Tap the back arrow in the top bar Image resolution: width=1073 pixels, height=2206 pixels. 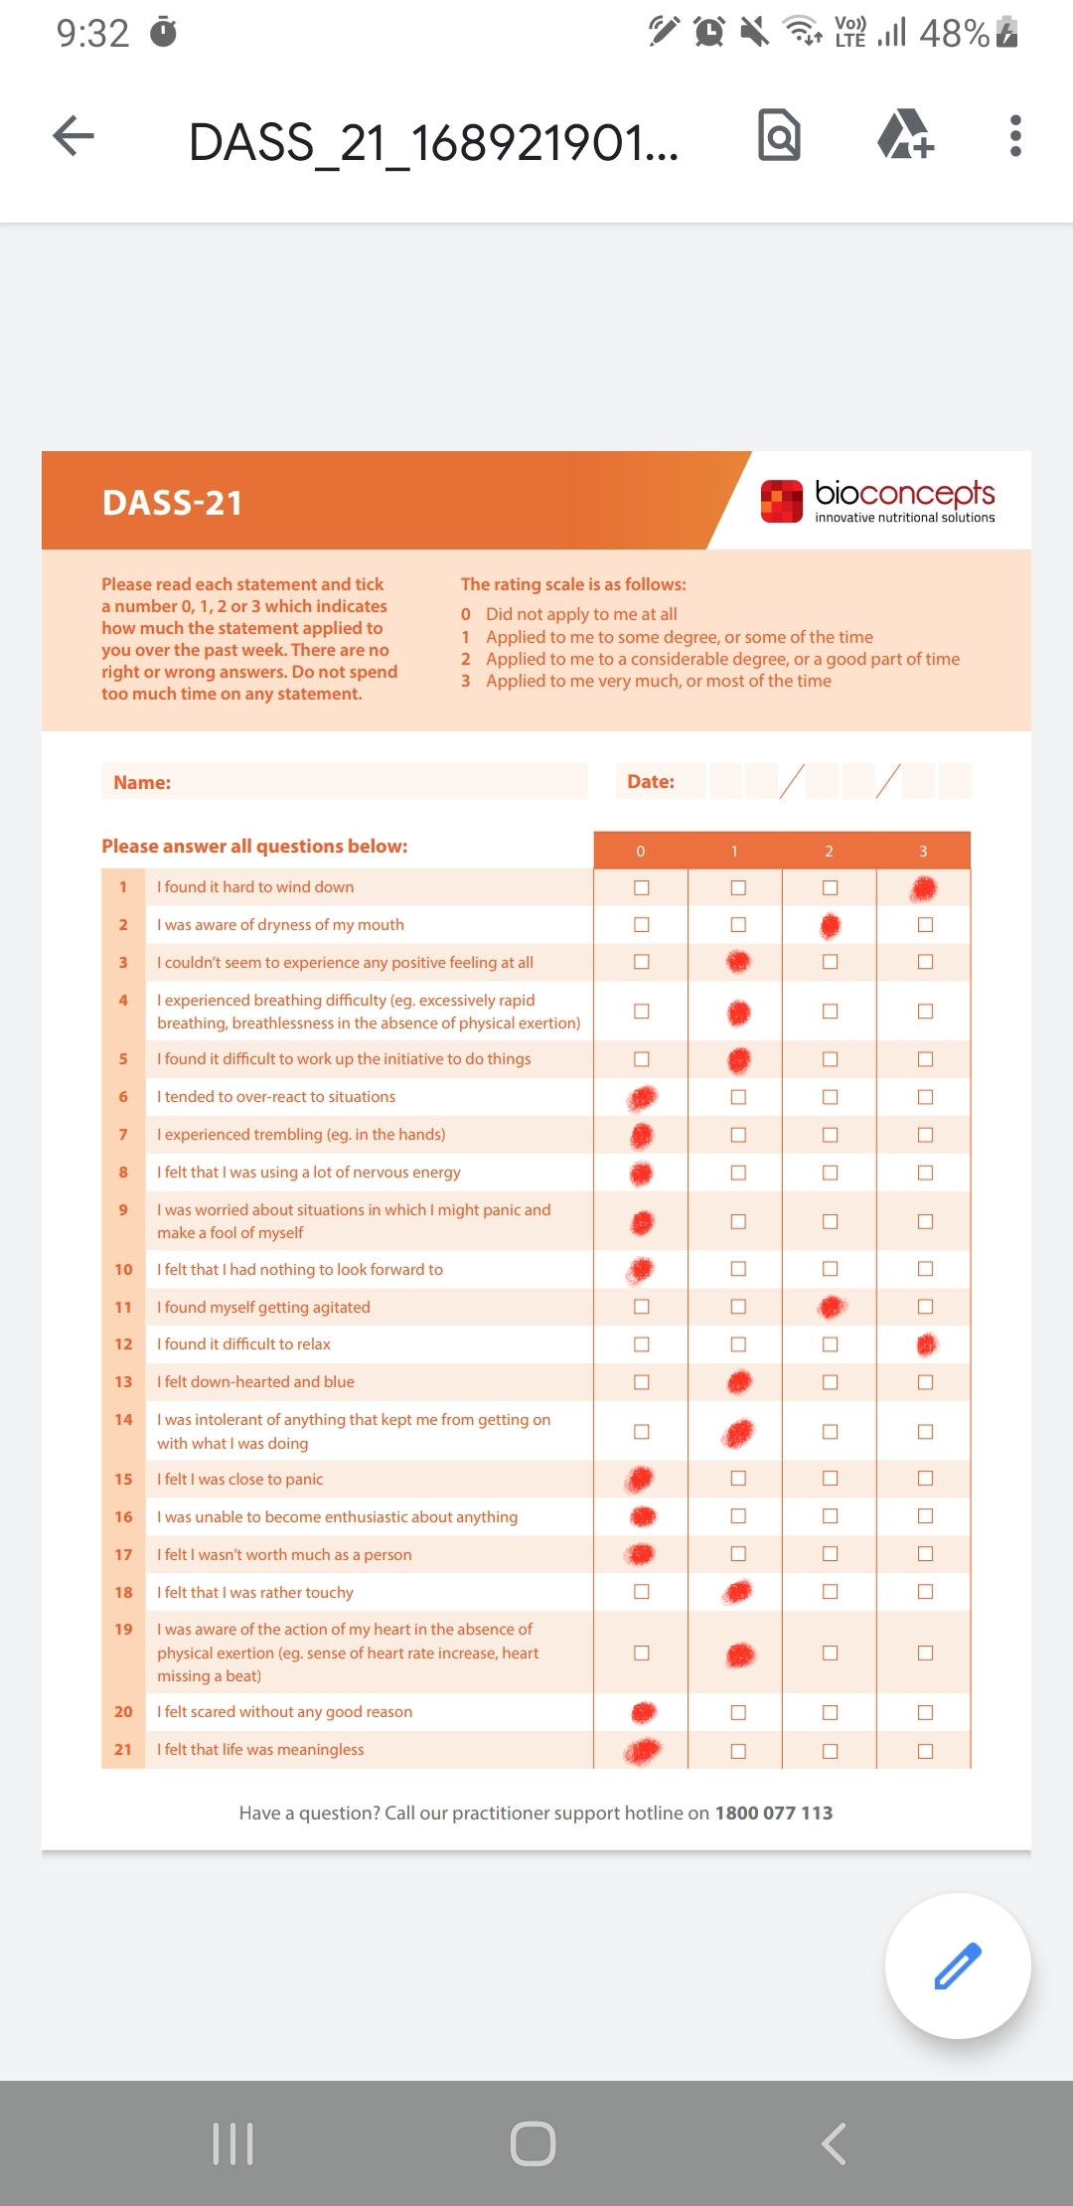point(74,136)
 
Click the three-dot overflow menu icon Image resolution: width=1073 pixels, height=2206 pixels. point(1014,136)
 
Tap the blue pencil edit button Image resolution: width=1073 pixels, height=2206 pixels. point(958,1967)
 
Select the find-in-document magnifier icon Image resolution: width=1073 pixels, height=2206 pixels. point(779,135)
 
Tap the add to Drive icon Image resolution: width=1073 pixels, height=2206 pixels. point(905,135)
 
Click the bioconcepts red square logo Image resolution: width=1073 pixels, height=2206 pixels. point(782,501)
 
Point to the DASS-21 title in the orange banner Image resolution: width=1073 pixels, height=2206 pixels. point(172,503)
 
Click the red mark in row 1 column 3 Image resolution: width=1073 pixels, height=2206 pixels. point(924,887)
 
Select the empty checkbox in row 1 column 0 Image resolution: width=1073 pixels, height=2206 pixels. point(642,887)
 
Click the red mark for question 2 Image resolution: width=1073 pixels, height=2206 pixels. point(831,926)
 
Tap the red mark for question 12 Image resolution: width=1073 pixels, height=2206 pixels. point(926,1344)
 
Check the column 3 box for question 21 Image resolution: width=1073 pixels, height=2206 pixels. point(925,1751)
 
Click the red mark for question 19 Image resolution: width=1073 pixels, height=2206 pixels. point(740,1654)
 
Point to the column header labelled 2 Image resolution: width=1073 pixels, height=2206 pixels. point(829,852)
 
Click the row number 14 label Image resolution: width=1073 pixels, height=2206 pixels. point(123,1420)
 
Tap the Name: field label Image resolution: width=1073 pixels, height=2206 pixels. point(142,783)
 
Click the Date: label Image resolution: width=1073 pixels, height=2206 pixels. point(651,782)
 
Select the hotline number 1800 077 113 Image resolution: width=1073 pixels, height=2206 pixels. point(774,1813)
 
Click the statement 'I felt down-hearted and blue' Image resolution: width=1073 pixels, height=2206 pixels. point(255,1382)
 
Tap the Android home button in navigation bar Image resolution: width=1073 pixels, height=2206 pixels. point(533,2143)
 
